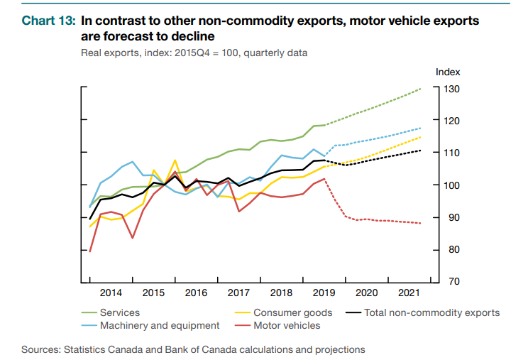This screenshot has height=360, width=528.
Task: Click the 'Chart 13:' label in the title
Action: click(48, 21)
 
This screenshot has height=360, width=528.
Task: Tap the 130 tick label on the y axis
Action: click(453, 89)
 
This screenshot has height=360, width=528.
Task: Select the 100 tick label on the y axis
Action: click(453, 185)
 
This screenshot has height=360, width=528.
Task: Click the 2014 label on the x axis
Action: click(111, 293)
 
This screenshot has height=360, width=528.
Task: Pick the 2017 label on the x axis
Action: click(239, 293)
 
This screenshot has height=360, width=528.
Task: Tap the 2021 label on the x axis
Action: click(409, 293)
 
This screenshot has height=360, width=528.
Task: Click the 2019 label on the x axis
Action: click(324, 293)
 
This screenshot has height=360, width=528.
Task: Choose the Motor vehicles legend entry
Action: click(286, 326)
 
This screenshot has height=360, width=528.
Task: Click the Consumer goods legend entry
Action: click(292, 312)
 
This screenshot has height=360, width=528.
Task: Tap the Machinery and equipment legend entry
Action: click(160, 326)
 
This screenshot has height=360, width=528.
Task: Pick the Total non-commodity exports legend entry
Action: click(431, 312)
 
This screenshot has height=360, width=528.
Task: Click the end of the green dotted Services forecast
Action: click(421, 89)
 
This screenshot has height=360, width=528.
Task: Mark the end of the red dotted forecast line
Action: click(421, 223)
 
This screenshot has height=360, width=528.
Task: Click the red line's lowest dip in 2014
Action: click(133, 237)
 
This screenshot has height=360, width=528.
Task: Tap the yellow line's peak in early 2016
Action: click(175, 160)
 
